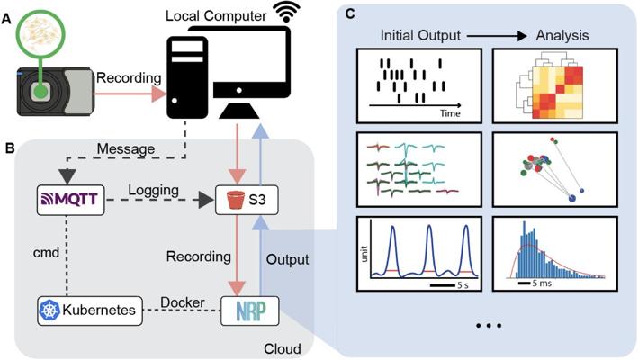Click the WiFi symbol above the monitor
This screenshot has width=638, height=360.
[x=287, y=13]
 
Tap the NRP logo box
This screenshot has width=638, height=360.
[x=247, y=310]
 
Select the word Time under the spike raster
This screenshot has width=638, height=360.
[x=451, y=115]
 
